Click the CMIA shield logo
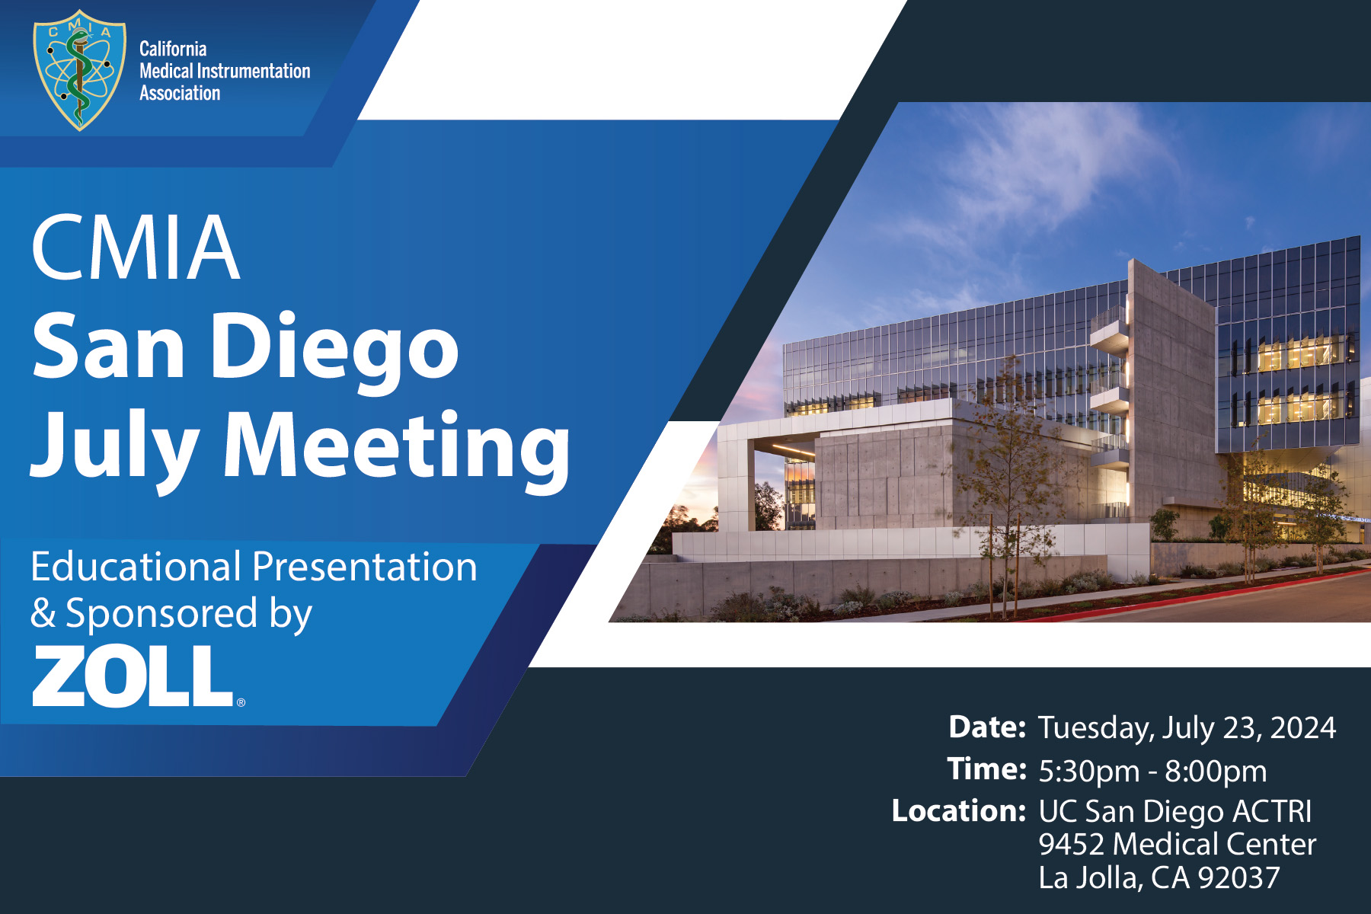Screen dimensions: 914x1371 pyautogui.click(x=79, y=70)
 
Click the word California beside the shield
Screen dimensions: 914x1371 pyautogui.click(x=173, y=49)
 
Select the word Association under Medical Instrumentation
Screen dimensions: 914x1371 pyautogui.click(x=180, y=93)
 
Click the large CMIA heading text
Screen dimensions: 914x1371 pyautogui.click(x=136, y=248)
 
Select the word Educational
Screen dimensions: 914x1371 pyautogui.click(x=136, y=567)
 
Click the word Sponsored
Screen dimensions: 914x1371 pyautogui.click(x=161, y=613)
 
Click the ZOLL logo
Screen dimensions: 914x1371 pyautogui.click(x=132, y=676)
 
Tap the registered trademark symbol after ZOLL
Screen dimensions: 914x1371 pyautogui.click(x=241, y=702)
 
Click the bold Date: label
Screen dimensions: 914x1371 pyautogui.click(x=987, y=727)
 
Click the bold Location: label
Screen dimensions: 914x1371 pyautogui.click(x=959, y=810)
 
